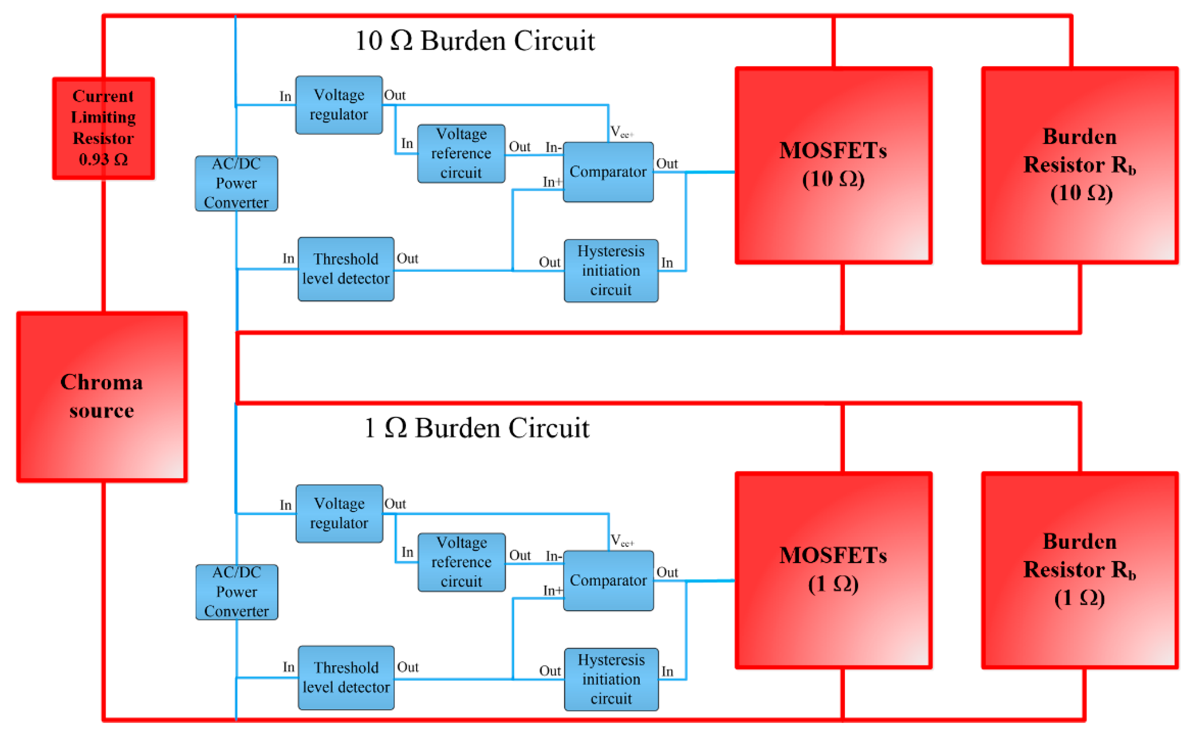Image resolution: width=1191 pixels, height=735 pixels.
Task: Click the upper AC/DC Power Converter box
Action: pyautogui.click(x=236, y=183)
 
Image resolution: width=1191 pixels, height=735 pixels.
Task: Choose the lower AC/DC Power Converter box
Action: pyautogui.click(x=236, y=592)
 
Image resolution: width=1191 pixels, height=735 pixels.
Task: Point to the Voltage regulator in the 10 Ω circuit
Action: pyautogui.click(x=339, y=104)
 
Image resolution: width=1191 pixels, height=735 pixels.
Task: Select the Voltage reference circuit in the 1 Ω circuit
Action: pyautogui.click(x=461, y=562)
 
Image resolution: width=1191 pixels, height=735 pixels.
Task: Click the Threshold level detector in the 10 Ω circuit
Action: pyautogui.click(x=345, y=269)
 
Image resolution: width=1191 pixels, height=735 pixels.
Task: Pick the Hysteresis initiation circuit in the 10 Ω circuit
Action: pyautogui.click(x=611, y=270)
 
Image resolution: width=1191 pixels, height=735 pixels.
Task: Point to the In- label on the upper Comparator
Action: pyautogui.click(x=554, y=147)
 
